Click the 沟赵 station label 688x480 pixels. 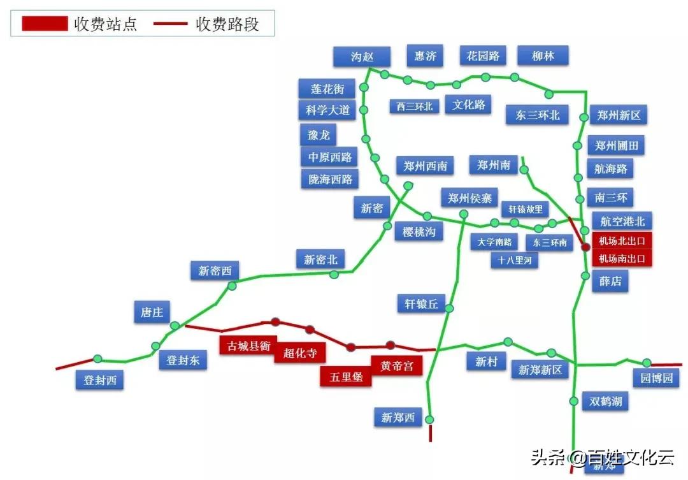pyautogui.click(x=361, y=57)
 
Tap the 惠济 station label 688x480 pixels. pyautogui.click(x=425, y=56)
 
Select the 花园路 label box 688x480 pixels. pyautogui.click(x=483, y=56)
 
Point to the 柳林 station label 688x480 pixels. pyautogui.click(x=543, y=56)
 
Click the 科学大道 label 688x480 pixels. pyautogui.click(x=327, y=110)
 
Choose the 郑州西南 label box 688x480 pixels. pyautogui.click(x=425, y=166)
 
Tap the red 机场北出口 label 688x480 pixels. pyautogui.click(x=623, y=241)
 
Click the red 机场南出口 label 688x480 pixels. pyautogui.click(x=623, y=259)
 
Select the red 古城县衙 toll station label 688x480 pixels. pyautogui.click(x=249, y=345)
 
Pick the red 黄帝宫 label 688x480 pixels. pyautogui.click(x=396, y=366)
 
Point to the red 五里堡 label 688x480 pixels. pyautogui.click(x=346, y=377)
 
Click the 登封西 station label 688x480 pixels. pyautogui.click(x=100, y=381)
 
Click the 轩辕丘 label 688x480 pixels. pyautogui.click(x=421, y=304)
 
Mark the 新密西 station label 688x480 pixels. pyautogui.click(x=214, y=271)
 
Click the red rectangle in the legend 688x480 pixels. pyautogui.click(x=45, y=24)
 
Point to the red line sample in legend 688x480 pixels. pyautogui.click(x=170, y=24)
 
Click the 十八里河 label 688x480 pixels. pyautogui.click(x=515, y=259)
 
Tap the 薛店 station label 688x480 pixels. pyautogui.click(x=610, y=281)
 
